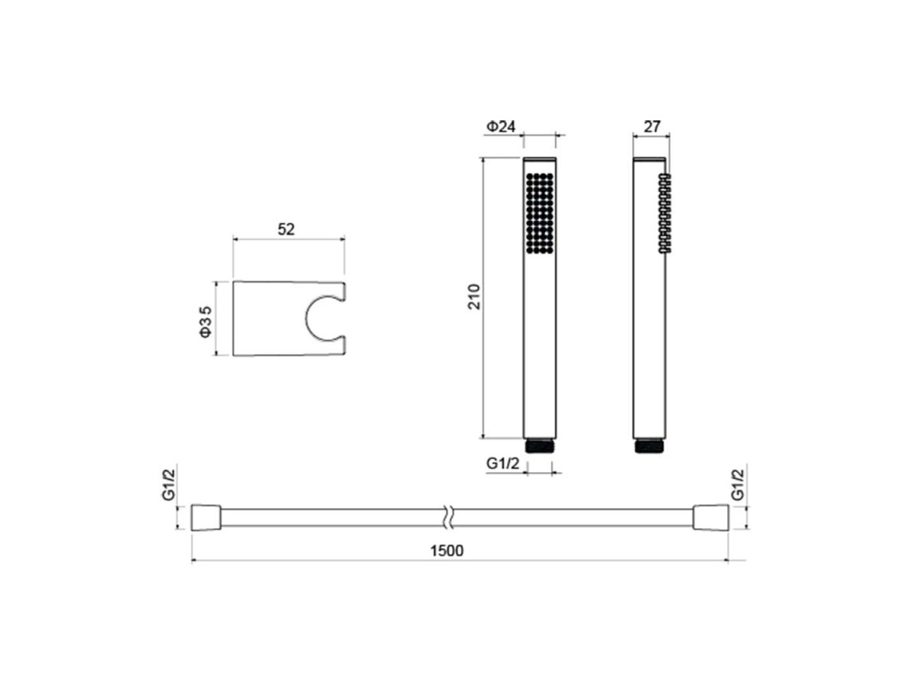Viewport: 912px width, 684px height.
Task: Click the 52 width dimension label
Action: click(x=286, y=229)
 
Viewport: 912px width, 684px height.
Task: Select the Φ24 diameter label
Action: click(x=501, y=126)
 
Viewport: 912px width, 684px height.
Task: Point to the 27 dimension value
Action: click(x=652, y=126)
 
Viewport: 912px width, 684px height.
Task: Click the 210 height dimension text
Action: click(x=474, y=297)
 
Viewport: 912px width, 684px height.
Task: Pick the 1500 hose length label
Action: click(x=446, y=550)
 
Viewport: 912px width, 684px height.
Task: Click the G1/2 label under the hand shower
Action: click(x=502, y=463)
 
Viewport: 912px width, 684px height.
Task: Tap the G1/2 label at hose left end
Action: click(x=169, y=485)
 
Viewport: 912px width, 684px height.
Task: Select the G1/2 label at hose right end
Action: click(x=737, y=485)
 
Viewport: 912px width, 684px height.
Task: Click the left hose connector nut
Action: click(x=206, y=517)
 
